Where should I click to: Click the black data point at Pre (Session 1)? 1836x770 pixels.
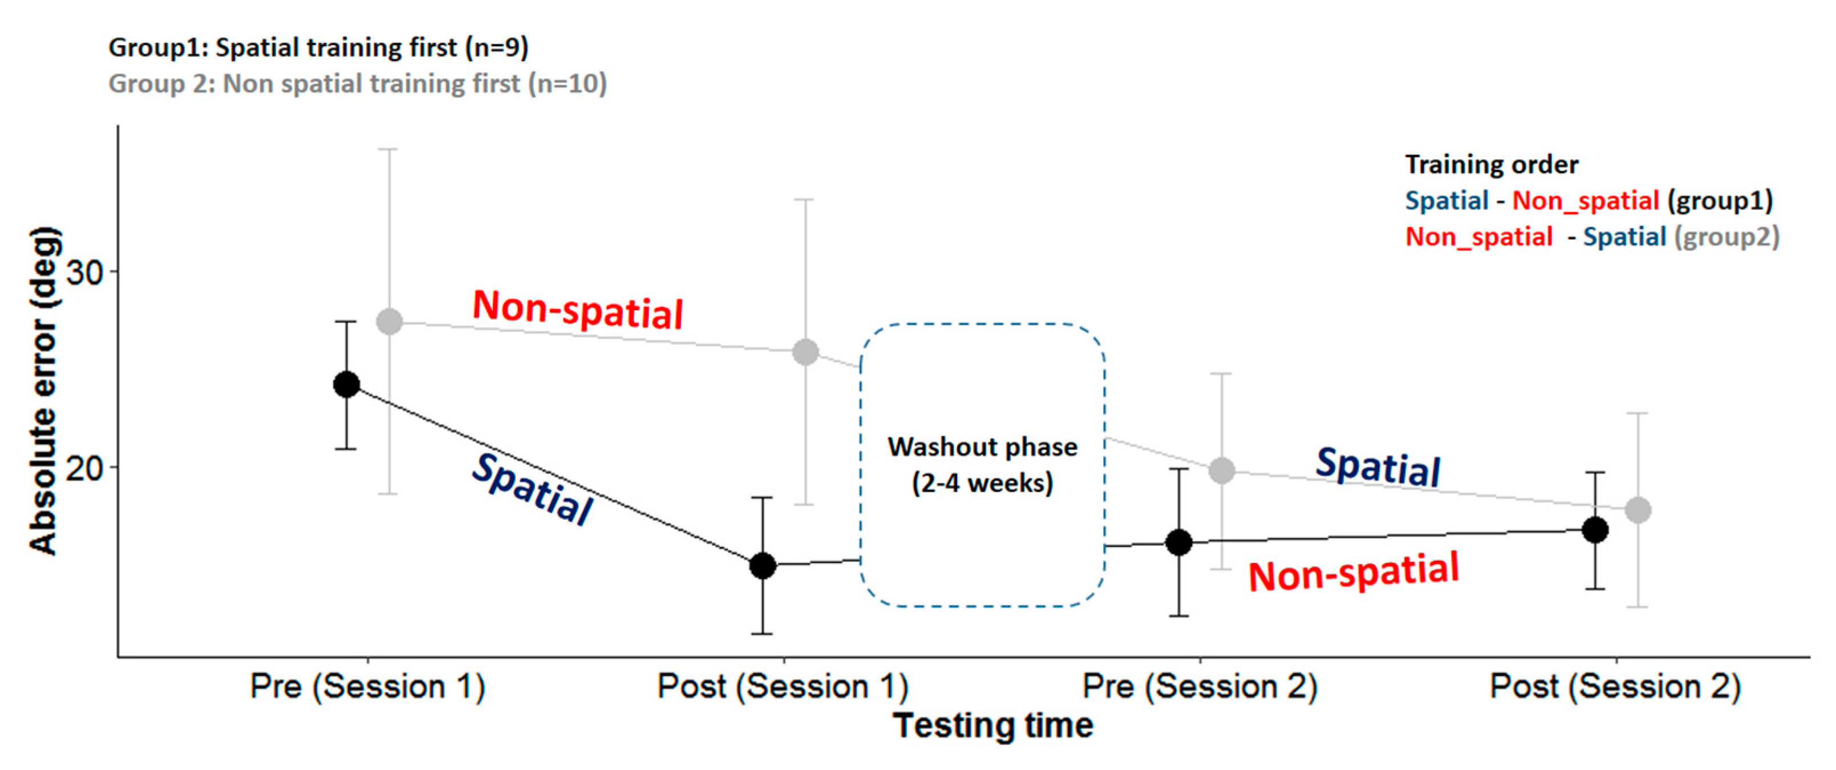(346, 384)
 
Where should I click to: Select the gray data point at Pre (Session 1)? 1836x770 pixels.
(389, 322)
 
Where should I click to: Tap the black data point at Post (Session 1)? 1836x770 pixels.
(763, 565)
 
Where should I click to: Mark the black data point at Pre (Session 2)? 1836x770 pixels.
(1179, 542)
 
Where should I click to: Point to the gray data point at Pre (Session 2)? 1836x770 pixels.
(1222, 471)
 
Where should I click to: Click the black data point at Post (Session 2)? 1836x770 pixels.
(1595, 530)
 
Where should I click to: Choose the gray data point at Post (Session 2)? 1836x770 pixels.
(1638, 510)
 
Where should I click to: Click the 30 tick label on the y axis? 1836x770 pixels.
(84, 271)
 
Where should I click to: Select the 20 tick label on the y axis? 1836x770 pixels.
(84, 468)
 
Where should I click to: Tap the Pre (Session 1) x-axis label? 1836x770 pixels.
(368, 687)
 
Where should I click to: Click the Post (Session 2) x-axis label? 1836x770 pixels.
(1615, 687)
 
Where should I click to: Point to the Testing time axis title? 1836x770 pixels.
(993, 726)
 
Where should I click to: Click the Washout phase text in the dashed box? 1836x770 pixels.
(982, 448)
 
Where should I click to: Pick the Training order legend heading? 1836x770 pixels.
(1491, 165)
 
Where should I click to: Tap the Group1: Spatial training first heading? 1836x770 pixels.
(318, 48)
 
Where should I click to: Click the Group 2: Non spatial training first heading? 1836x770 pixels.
(357, 83)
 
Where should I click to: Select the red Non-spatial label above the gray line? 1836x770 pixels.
(577, 310)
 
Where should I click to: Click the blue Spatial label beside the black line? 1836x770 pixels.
(532, 490)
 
